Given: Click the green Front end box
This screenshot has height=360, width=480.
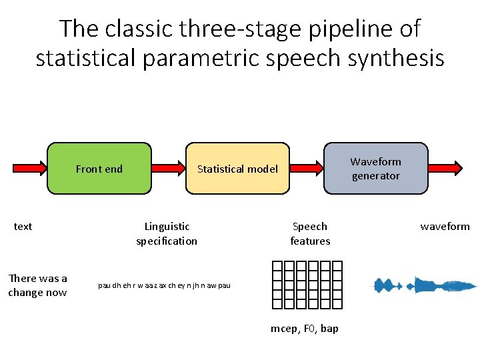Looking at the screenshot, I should click(99, 169).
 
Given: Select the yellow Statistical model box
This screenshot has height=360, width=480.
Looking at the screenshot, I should click(237, 169).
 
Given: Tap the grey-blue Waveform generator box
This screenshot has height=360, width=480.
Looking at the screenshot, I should click(375, 169).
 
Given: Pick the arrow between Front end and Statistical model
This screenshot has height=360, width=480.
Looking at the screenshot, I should click(169, 169).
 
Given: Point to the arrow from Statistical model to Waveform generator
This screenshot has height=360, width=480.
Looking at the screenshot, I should click(307, 169).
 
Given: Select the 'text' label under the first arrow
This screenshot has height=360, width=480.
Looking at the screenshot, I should click(23, 227).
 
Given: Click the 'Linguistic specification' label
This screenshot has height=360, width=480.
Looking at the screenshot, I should click(167, 234).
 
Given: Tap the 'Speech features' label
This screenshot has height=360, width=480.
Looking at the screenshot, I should click(310, 234).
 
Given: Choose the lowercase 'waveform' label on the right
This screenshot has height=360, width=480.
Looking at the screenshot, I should click(445, 227).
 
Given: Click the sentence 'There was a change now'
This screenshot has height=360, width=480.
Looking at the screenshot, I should click(37, 285).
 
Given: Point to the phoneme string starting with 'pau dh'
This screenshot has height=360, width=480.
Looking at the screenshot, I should click(164, 286).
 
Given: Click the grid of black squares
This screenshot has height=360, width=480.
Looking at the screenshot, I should click(307, 285).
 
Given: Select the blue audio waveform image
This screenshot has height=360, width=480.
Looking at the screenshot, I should click(425, 285).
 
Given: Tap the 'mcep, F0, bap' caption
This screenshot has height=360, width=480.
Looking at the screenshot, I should click(305, 329).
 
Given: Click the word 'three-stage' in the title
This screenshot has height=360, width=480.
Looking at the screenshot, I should click(203, 29).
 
